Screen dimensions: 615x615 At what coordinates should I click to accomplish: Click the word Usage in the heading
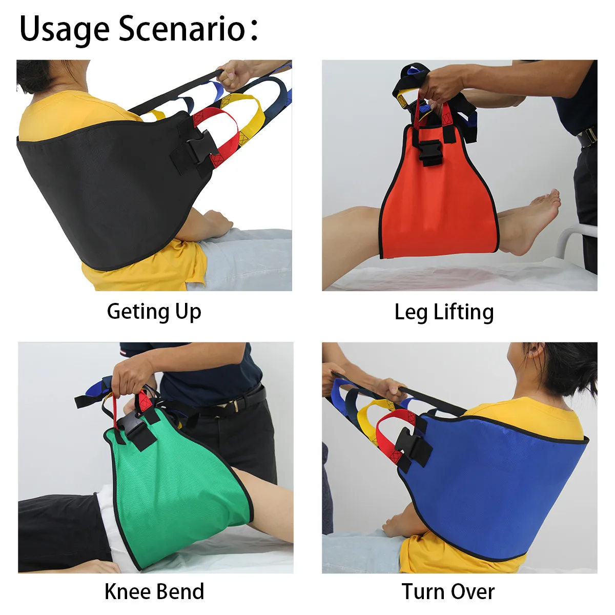click(x=64, y=29)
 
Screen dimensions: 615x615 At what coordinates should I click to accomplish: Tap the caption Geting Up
click(x=154, y=312)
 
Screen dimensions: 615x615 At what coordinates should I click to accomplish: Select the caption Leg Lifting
click(x=444, y=312)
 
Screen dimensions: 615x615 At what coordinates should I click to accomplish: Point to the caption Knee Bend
click(x=154, y=591)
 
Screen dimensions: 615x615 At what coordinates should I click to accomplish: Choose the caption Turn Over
click(x=448, y=591)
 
